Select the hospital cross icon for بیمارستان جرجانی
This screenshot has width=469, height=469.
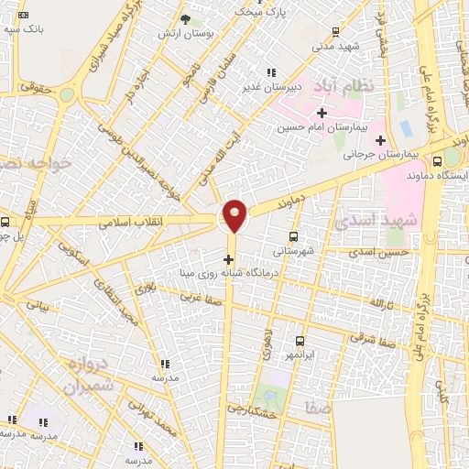point(380,140)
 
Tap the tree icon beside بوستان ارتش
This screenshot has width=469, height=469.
point(184,19)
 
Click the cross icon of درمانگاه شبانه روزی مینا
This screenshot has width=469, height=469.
point(228,258)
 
